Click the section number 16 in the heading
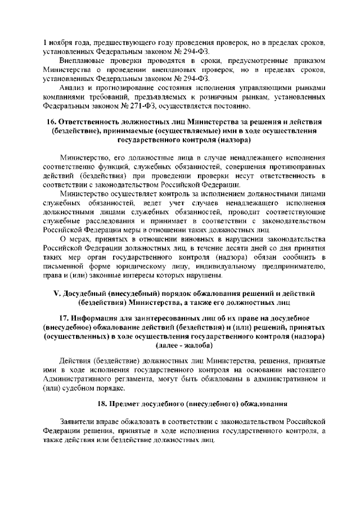click(x=49, y=123)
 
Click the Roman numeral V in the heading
click(x=49, y=294)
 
